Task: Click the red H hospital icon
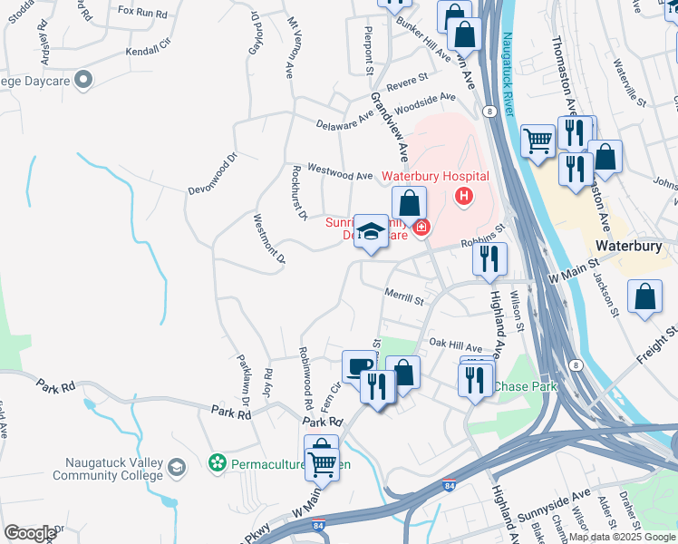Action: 464,195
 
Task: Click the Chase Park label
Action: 526,387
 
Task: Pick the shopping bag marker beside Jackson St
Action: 644,298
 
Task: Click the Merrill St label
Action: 403,298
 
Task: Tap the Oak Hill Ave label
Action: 455,345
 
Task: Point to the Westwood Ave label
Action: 340,171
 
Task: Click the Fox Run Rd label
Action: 142,15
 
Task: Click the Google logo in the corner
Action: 30,532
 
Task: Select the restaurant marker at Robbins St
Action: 489,258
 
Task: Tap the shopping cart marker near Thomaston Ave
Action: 538,141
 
